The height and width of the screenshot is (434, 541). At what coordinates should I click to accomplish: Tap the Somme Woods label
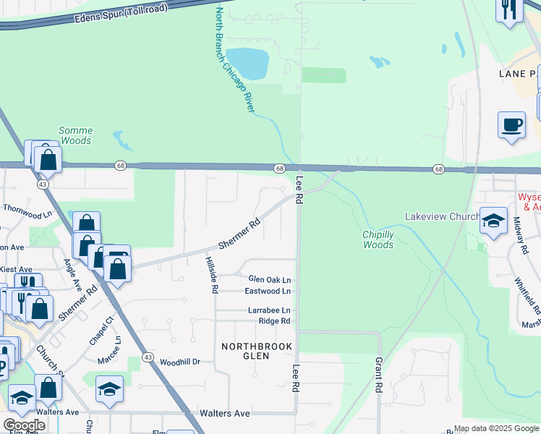click(x=75, y=135)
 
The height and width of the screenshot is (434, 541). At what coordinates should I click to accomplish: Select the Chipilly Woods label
click(x=378, y=239)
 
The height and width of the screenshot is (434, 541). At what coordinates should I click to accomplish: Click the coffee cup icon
click(x=511, y=124)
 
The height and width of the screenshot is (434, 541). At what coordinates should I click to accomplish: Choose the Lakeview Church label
click(x=443, y=216)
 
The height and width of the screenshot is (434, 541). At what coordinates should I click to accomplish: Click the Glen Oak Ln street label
click(x=269, y=279)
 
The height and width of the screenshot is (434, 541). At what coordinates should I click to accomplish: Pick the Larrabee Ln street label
click(x=269, y=310)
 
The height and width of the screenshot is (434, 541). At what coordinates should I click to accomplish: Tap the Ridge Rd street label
click(x=274, y=320)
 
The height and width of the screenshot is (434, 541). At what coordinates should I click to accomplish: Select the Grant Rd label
click(x=378, y=374)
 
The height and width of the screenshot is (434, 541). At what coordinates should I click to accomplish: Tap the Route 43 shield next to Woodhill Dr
click(x=148, y=357)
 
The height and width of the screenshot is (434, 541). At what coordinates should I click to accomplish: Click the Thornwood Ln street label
click(x=28, y=210)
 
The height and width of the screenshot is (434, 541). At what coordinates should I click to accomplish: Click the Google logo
click(x=24, y=425)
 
